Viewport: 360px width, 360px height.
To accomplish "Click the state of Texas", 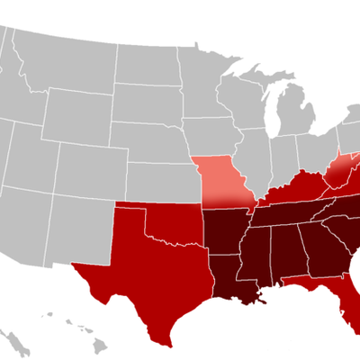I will point(144,270).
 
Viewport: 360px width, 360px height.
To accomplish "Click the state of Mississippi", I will point(257,256).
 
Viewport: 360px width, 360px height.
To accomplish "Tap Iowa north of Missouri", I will point(211,135).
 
